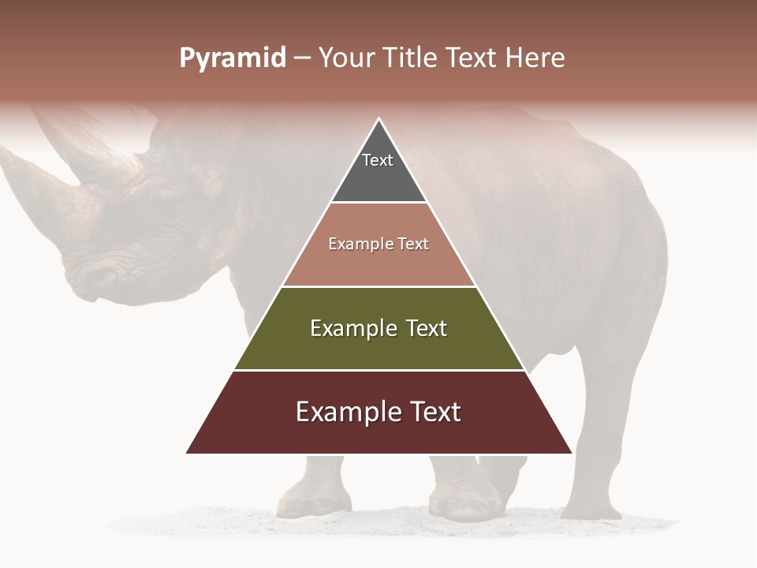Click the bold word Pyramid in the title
point(233,58)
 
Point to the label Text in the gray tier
point(378,160)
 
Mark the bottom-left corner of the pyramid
point(187,453)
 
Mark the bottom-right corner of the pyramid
point(571,453)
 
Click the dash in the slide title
point(302,58)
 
